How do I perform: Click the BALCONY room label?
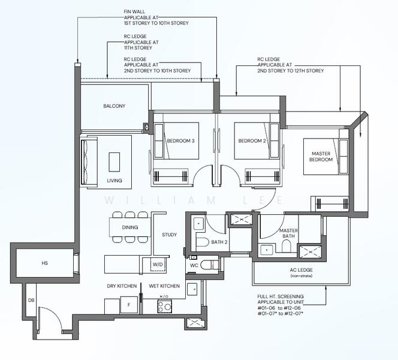pyautogui.click(x=114, y=106)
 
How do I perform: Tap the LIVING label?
pyautogui.click(x=114, y=181)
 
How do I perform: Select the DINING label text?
pyautogui.click(x=129, y=227)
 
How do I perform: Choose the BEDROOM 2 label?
pyautogui.click(x=252, y=141)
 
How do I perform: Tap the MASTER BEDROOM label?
pyautogui.click(x=321, y=157)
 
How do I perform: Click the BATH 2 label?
pyautogui.click(x=219, y=242)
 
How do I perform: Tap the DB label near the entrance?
pyautogui.click(x=31, y=301)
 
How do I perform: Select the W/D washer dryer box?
pyautogui.click(x=158, y=263)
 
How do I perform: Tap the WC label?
pyautogui.click(x=193, y=265)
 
